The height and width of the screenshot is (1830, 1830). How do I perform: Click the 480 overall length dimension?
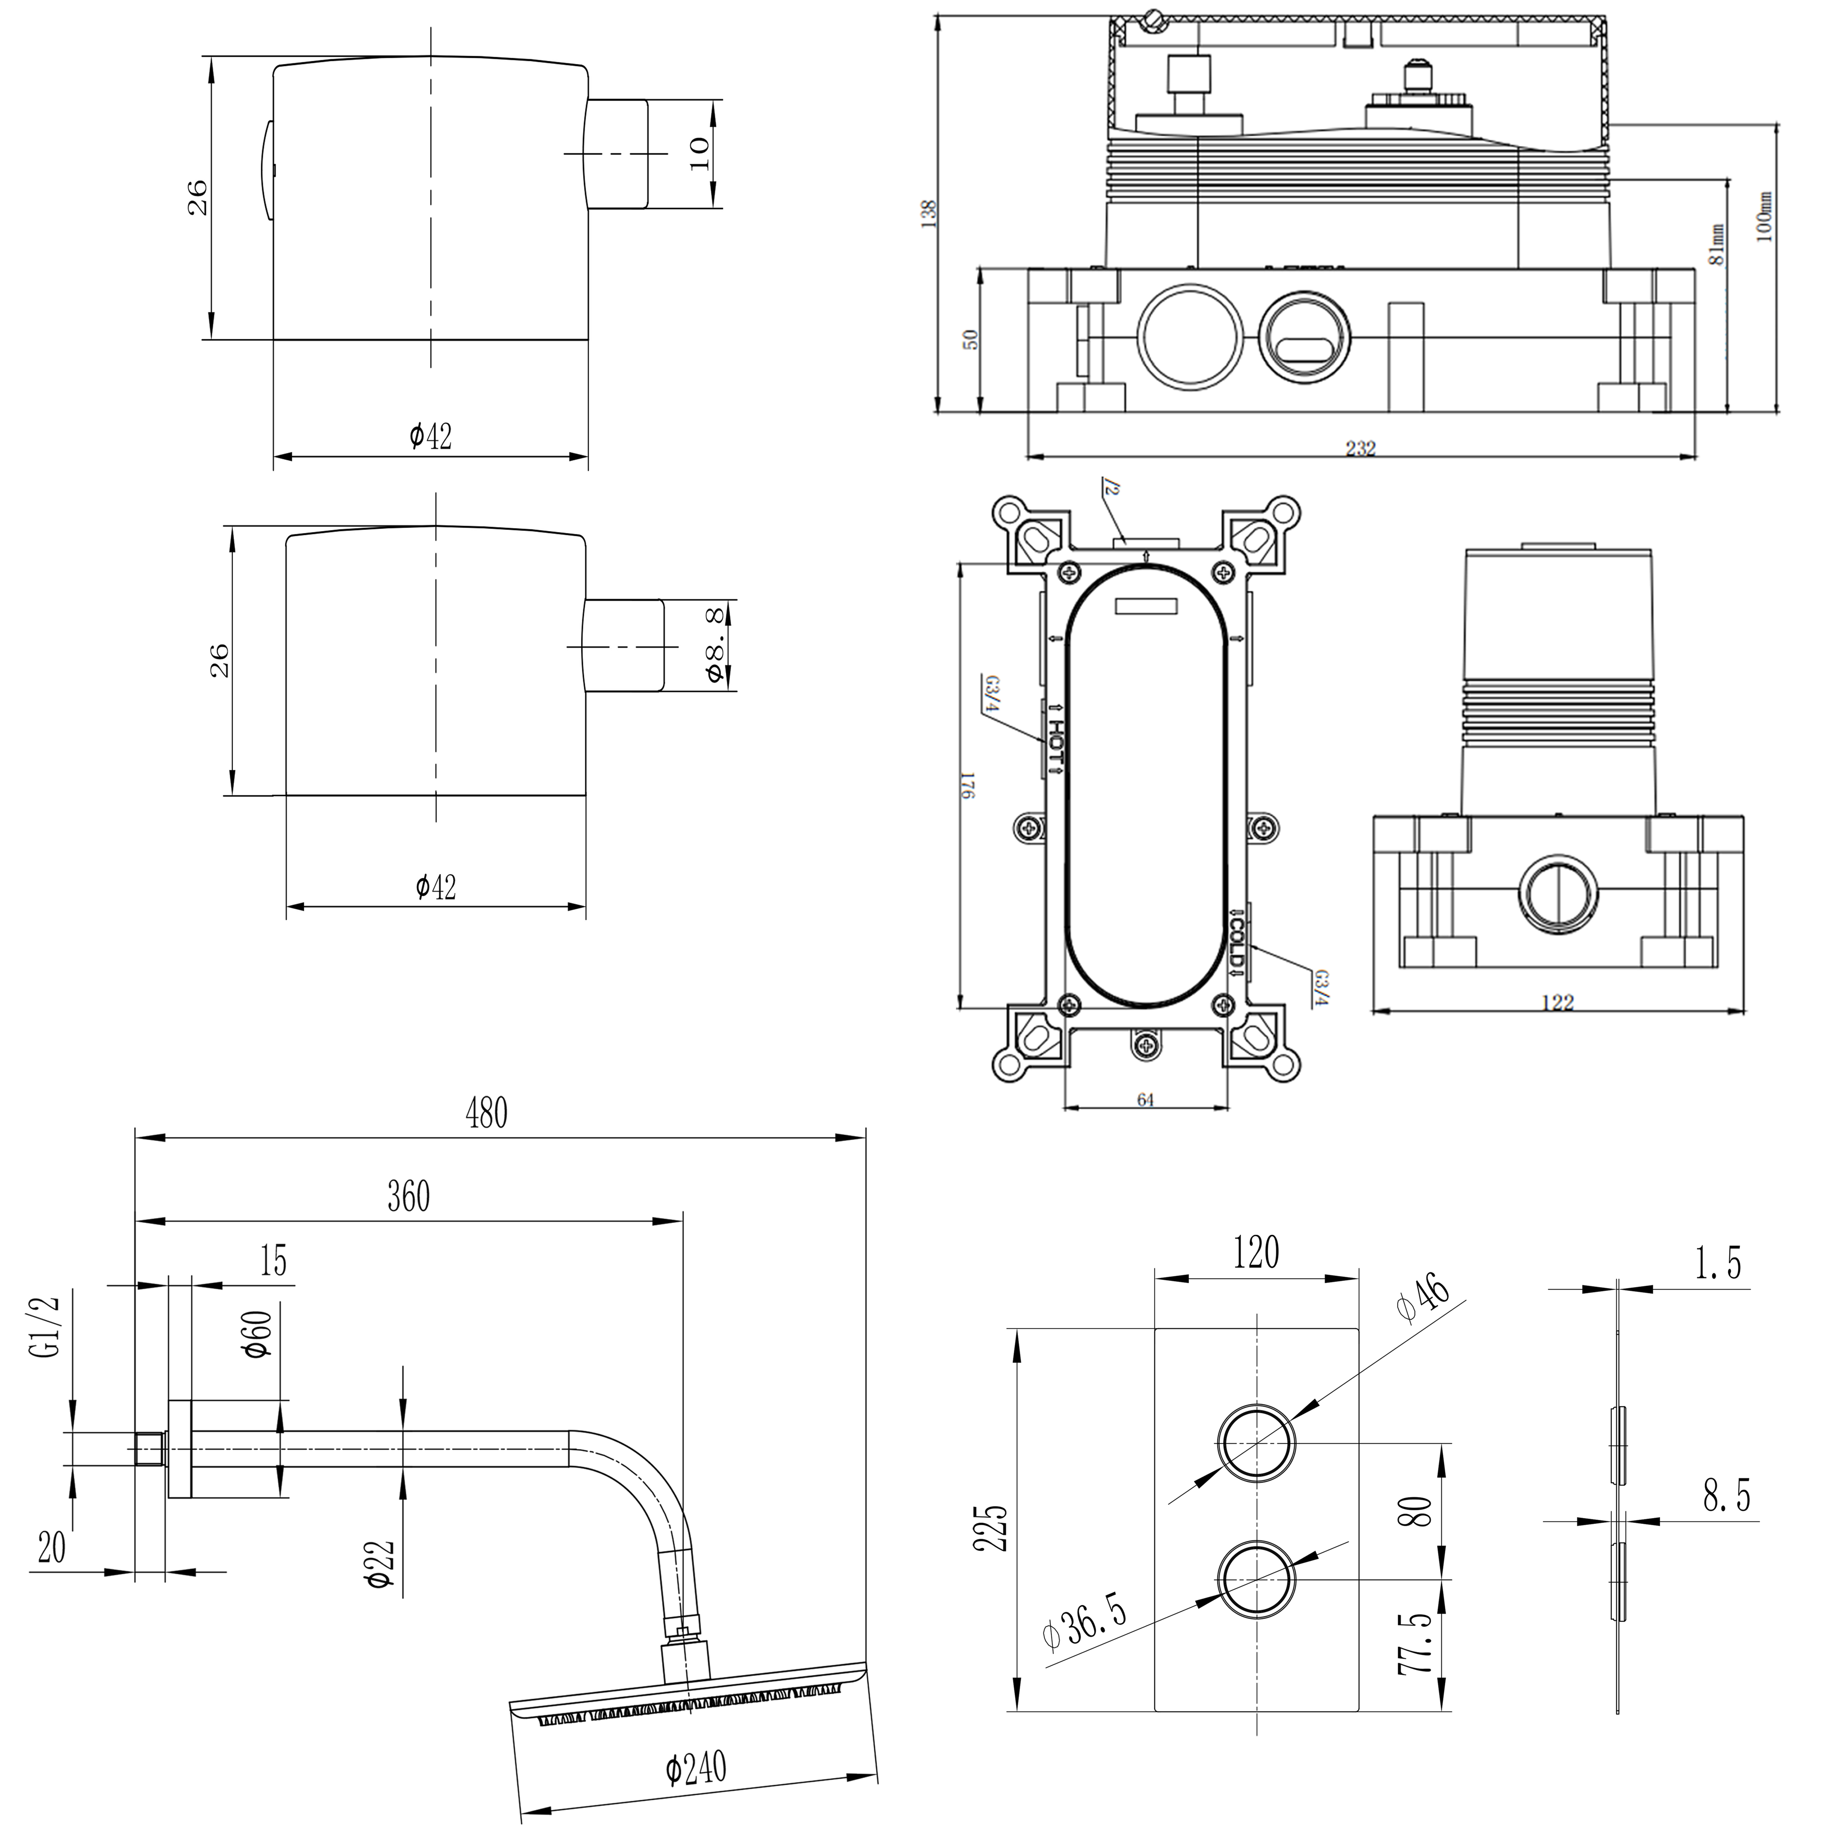click(486, 1114)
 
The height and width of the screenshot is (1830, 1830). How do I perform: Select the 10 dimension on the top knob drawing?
click(699, 153)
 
